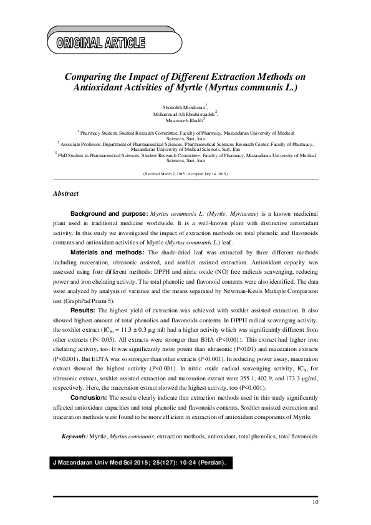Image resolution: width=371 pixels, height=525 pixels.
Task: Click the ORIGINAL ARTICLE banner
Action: (x=101, y=43)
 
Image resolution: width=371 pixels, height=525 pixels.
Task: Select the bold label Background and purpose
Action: (x=109, y=213)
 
